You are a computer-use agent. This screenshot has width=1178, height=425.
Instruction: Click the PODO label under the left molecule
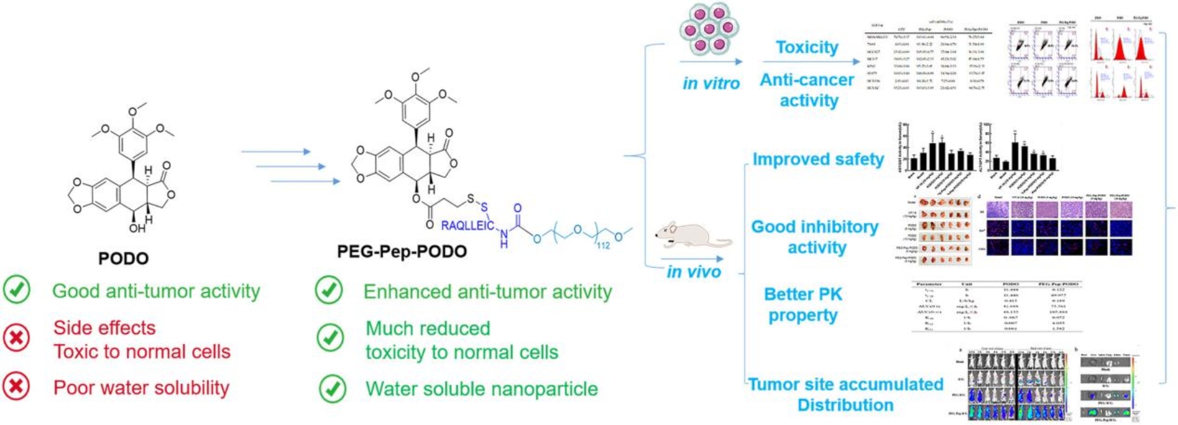[123, 258]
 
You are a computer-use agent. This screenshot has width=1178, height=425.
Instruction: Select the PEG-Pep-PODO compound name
[402, 251]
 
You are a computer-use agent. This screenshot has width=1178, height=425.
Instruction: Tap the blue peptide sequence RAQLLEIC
[467, 225]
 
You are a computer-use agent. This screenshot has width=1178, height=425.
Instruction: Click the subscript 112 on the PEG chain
[603, 245]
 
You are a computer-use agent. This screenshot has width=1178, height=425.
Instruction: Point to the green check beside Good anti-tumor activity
[16, 290]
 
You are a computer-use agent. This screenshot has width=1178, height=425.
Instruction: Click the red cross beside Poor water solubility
[16, 387]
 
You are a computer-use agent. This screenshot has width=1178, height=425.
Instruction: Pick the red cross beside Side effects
[16, 338]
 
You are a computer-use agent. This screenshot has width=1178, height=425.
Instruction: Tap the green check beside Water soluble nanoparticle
[332, 388]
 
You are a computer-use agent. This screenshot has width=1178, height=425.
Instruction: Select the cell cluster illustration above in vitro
[709, 29]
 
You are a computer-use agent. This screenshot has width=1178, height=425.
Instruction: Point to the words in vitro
[711, 83]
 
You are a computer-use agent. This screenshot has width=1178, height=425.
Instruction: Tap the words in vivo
[694, 272]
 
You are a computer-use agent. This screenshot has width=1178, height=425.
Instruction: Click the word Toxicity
[807, 47]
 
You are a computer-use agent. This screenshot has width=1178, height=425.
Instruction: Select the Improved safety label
[818, 159]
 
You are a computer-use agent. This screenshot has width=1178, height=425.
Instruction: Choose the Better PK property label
[803, 304]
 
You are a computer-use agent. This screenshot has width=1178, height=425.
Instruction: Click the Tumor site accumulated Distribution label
[846, 394]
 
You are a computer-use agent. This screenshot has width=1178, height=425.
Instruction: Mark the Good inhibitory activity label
[815, 237]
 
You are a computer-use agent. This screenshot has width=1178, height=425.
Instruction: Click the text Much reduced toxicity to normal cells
[461, 340]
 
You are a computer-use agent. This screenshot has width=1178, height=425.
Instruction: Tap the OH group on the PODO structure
[137, 228]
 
